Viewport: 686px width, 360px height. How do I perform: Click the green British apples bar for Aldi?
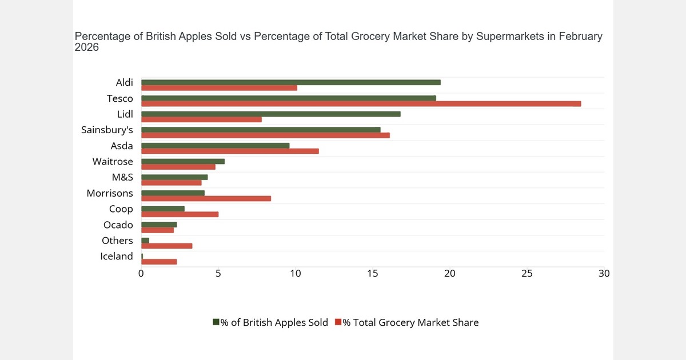[290, 82]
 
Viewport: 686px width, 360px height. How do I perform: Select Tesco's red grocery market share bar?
[361, 104]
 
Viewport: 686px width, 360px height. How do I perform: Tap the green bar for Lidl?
[270, 114]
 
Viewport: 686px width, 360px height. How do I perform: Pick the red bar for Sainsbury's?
[265, 135]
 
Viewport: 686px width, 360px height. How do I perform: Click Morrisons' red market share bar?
[206, 199]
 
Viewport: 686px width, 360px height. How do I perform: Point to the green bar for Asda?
[215, 146]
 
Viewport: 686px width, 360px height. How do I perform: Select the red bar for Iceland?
[159, 262]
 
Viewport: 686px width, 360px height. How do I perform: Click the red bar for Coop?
[180, 214]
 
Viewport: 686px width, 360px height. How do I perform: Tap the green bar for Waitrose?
[183, 161]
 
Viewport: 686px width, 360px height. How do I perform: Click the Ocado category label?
[118, 225]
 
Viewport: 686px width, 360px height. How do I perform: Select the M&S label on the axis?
[122, 178]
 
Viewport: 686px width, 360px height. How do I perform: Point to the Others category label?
[117, 241]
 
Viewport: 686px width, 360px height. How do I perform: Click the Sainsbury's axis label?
[107, 130]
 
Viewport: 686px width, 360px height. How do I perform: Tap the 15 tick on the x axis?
[372, 274]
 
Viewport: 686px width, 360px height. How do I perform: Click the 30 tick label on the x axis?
[604, 274]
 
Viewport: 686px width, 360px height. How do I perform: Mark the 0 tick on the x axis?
[141, 274]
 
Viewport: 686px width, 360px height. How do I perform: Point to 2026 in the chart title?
[87, 48]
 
